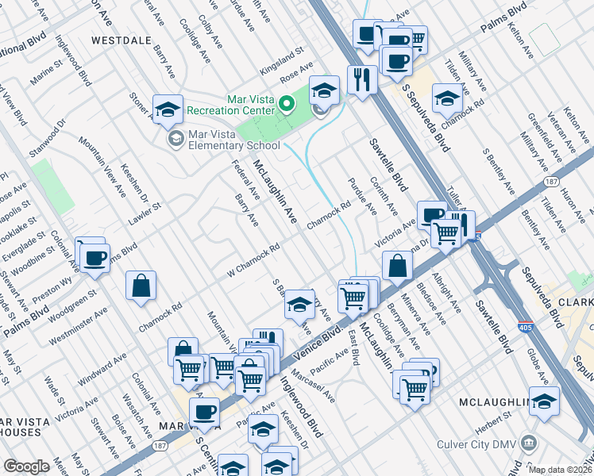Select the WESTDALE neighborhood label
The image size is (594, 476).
tap(121, 39)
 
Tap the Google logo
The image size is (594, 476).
tap(26, 466)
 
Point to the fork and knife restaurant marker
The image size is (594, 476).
tap(361, 80)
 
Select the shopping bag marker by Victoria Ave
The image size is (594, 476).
tap(397, 266)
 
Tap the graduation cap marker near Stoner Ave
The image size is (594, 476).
tap(168, 110)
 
